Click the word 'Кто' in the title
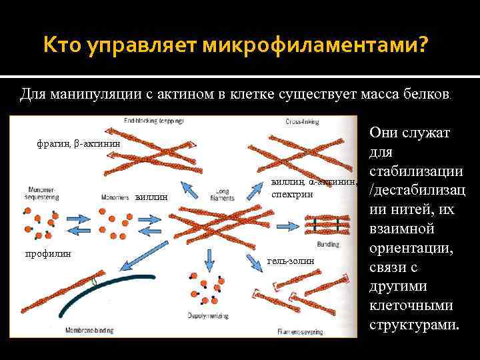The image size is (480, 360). pos(61,47)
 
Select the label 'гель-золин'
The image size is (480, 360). pos(290,261)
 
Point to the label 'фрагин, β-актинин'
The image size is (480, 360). pos(79,143)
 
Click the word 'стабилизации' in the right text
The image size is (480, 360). pos(415,172)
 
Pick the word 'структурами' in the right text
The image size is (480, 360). pos(413,327)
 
